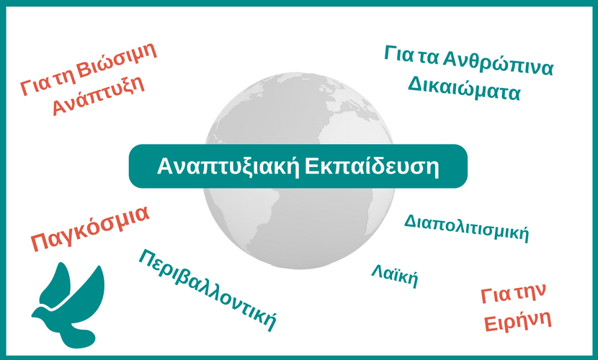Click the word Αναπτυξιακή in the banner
[x=228, y=166]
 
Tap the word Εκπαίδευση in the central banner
[x=372, y=166]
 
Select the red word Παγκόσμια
[x=90, y=228]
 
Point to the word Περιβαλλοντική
[x=207, y=289]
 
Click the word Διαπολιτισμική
[x=466, y=228]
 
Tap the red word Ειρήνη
[x=518, y=322]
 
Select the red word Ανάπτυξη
[x=99, y=95]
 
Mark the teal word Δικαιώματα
[x=464, y=89]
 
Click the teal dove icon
[x=68, y=305]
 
